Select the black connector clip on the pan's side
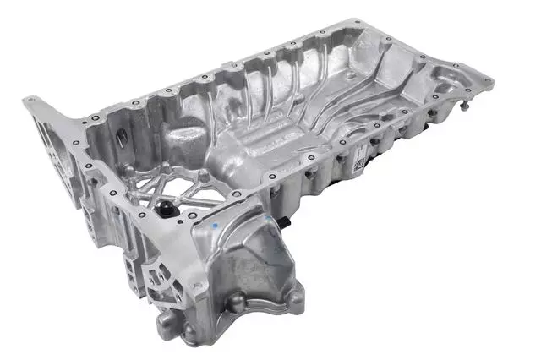(x=288, y=222)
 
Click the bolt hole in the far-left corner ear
(x=31, y=101)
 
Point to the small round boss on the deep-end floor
(x=203, y=175)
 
